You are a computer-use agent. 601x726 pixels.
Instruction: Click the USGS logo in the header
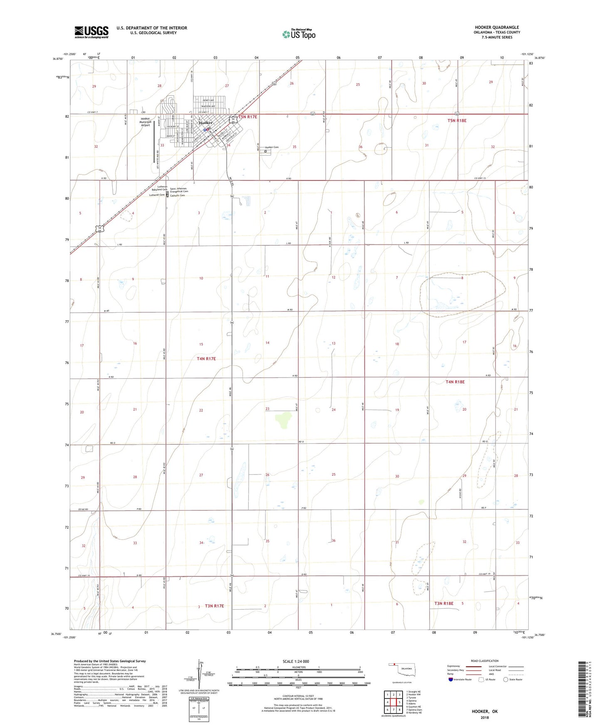(x=92, y=32)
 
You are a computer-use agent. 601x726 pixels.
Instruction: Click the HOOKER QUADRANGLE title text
(x=497, y=27)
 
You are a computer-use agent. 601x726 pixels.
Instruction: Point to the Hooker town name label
(x=205, y=123)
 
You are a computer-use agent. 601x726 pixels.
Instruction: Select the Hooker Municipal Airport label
(x=145, y=122)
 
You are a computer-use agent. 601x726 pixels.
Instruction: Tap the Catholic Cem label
(x=177, y=195)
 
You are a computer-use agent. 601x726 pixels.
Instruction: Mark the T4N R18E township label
(x=455, y=382)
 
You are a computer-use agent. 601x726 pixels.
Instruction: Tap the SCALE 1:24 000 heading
(x=296, y=662)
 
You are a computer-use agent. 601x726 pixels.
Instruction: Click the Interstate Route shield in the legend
(x=451, y=680)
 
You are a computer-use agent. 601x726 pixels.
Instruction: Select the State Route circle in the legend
(x=506, y=680)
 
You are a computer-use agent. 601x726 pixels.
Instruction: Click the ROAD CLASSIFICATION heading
(x=485, y=661)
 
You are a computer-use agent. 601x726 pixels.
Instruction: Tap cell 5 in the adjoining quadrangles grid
(x=399, y=702)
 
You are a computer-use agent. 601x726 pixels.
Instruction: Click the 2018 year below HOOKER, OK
(x=485, y=717)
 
